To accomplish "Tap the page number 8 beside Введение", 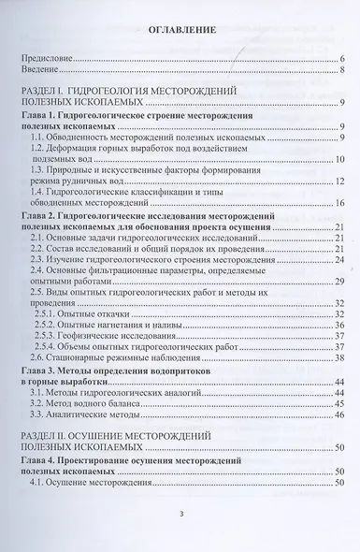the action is [x=344, y=69].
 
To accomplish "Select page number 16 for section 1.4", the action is [x=341, y=203].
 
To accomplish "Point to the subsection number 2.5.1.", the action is [x=58, y=314].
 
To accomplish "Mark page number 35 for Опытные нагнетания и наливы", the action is [x=341, y=326].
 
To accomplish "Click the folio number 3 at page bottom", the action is [x=181, y=514].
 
